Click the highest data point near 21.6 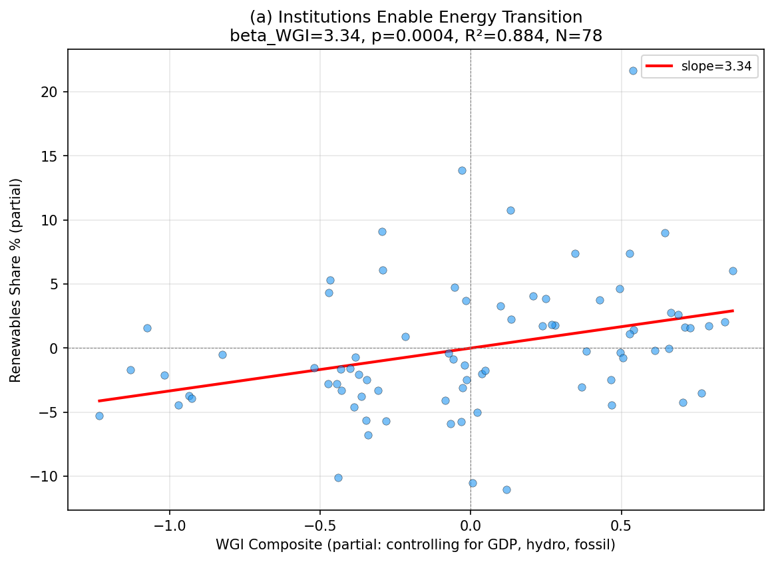pos(633,70)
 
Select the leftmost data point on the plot pos(99,416)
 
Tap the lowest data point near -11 pos(506,490)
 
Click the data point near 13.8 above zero pos(462,170)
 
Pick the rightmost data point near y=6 pos(733,271)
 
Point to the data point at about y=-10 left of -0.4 pos(338,478)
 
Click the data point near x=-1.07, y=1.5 pos(147,328)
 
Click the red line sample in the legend pos(660,66)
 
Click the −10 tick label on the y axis pos(48,477)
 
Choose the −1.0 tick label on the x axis pos(169,524)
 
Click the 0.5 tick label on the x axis pos(621,524)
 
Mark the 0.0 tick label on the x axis pos(471,524)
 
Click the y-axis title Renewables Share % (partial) pos(15,279)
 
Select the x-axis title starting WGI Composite pos(415,545)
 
